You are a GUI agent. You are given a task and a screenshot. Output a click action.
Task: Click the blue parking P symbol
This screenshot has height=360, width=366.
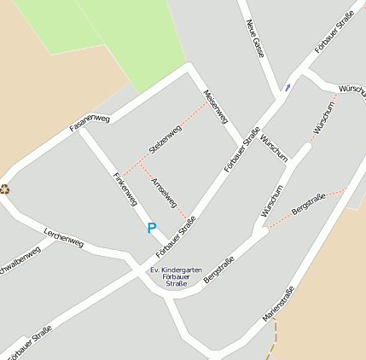(152, 228)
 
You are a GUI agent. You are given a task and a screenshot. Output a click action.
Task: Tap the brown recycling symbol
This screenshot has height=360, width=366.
(4, 189)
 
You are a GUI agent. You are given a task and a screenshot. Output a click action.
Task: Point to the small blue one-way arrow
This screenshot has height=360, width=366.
(288, 86)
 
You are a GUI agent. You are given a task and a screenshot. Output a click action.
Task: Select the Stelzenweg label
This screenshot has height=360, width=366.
(165, 139)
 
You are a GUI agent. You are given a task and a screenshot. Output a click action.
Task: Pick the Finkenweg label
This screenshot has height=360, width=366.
(125, 189)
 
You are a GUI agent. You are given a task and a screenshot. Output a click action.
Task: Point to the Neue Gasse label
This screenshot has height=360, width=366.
(255, 38)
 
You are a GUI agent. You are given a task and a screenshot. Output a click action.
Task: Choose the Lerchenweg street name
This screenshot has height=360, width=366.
(64, 240)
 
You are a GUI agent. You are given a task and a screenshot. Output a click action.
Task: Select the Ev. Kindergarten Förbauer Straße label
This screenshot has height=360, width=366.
(176, 276)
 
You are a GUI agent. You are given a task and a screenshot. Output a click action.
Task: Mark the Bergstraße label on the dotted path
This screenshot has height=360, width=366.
(308, 203)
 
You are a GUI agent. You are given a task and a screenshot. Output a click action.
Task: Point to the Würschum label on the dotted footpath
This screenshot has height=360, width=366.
(324, 118)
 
